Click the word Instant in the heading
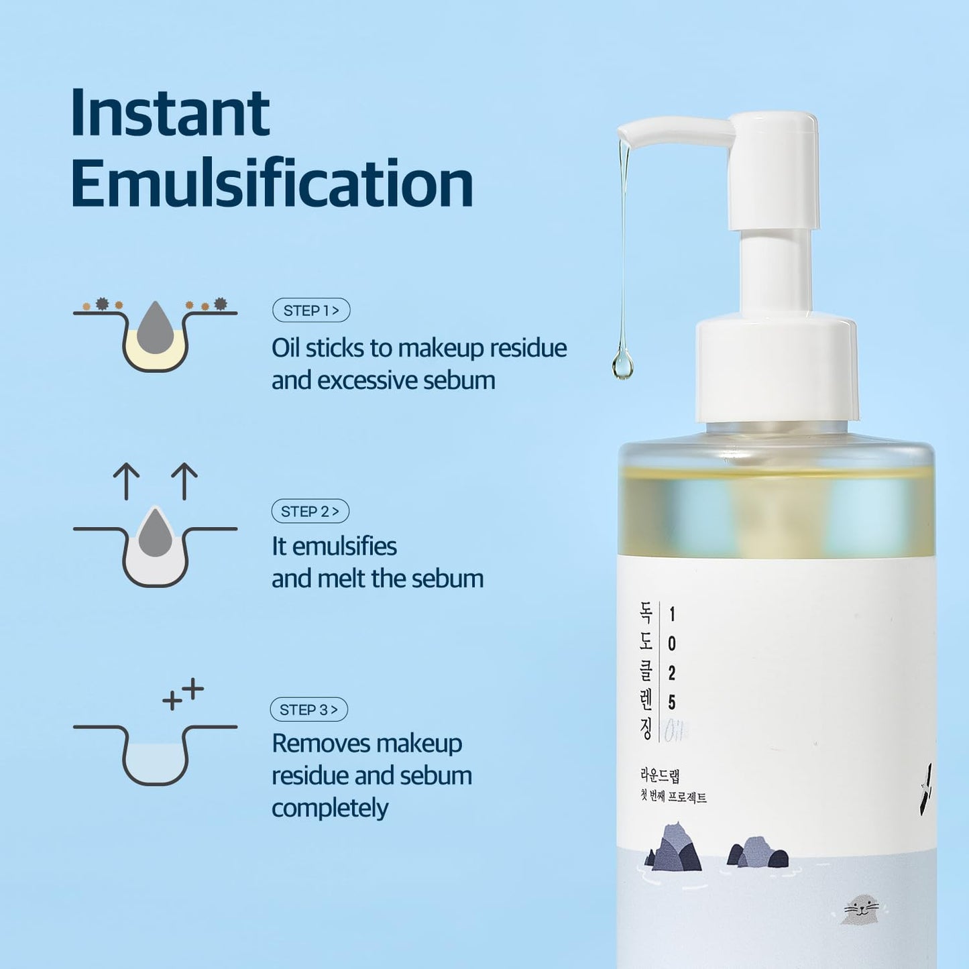(x=170, y=112)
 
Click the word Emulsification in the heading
(x=272, y=183)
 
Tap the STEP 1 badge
(x=311, y=310)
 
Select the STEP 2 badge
(x=310, y=511)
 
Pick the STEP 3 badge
(x=308, y=709)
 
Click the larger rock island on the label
(x=674, y=848)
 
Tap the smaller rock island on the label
(x=759, y=853)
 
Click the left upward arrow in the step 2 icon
(x=126, y=481)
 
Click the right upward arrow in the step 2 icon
(x=184, y=481)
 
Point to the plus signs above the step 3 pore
(x=183, y=694)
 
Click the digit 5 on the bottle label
(x=672, y=702)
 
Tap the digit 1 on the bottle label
(x=672, y=614)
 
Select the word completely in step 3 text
(x=330, y=808)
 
